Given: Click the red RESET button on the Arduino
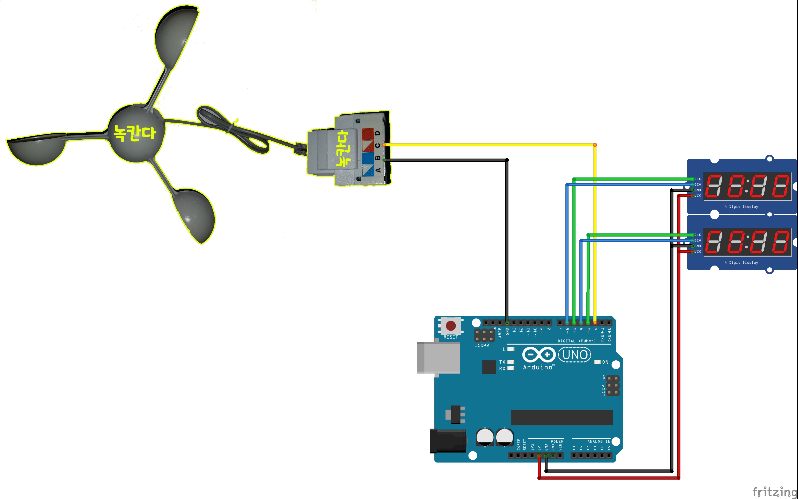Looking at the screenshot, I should click(x=451, y=326).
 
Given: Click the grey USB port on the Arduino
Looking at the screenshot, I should click(x=438, y=358).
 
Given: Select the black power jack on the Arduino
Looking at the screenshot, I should click(x=447, y=441).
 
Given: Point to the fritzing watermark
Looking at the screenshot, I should click(x=775, y=491).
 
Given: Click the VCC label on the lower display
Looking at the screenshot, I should click(x=698, y=252).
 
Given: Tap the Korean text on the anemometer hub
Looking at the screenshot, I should click(x=135, y=133).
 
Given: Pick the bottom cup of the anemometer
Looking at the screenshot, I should click(x=195, y=215).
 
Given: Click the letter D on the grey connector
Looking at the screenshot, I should click(x=377, y=133).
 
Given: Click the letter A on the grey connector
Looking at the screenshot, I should click(x=378, y=170).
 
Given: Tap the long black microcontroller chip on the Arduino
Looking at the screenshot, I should click(x=562, y=417).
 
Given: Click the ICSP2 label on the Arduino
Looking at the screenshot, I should click(x=482, y=346).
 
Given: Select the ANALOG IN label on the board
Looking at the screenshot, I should click(x=599, y=441).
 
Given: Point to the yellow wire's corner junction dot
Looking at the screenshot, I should click(x=595, y=145).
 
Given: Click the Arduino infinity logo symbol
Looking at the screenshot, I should click(x=539, y=355).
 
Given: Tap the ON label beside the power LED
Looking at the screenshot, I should click(x=605, y=362).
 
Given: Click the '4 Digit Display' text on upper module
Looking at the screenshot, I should click(x=741, y=207).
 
